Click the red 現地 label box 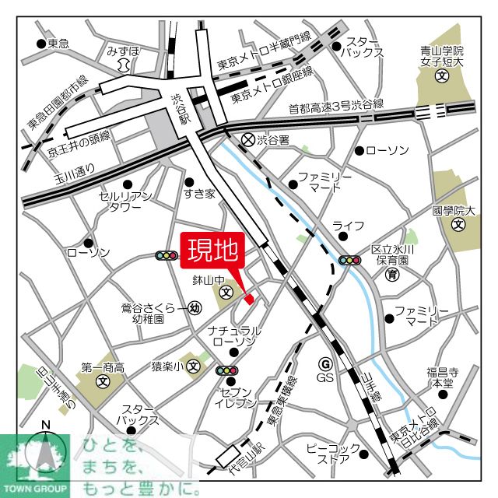point(213,250)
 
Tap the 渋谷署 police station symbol point(248,140)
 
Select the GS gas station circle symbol point(325,363)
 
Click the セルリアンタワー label point(121,202)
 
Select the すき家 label point(199,195)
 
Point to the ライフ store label point(348,226)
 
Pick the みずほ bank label point(124,51)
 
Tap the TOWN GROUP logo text point(35,491)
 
